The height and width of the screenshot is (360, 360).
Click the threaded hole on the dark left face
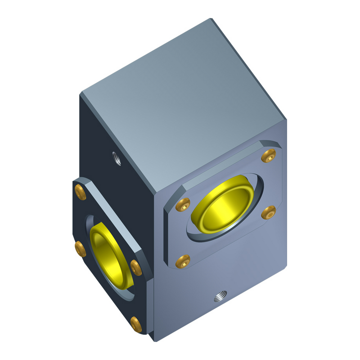click(117, 158)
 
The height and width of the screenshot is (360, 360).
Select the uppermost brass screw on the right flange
click(269, 156)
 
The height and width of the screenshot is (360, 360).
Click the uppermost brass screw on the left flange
click(80, 192)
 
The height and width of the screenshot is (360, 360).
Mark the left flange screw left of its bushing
click(80, 248)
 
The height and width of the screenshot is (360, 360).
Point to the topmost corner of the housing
click(211, 19)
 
